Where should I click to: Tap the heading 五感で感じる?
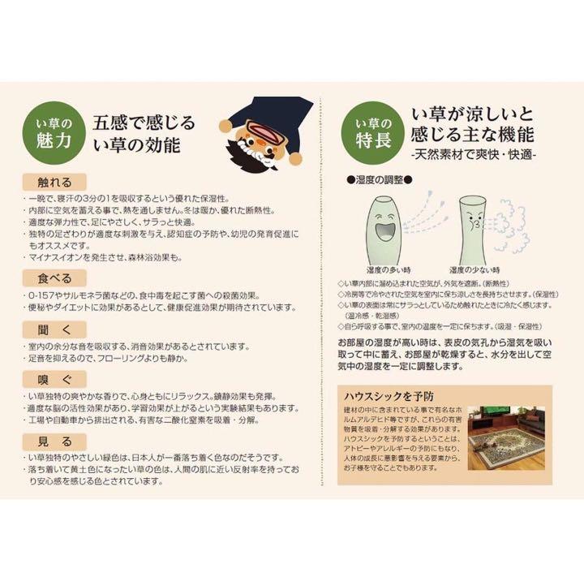point(144,123)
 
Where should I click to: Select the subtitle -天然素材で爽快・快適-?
point(474,154)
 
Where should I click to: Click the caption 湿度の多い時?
point(374,269)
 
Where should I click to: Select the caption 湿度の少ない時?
point(474,269)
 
